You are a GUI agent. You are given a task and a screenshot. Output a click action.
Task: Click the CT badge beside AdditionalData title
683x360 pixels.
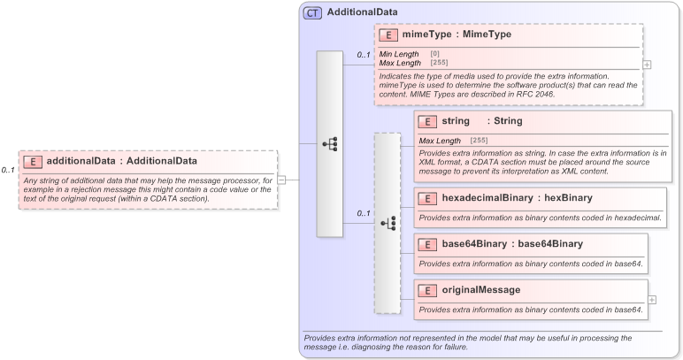coord(312,12)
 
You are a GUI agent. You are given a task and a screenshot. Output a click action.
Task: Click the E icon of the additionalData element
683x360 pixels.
coord(33,161)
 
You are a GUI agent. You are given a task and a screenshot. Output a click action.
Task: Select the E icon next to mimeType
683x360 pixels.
coord(388,35)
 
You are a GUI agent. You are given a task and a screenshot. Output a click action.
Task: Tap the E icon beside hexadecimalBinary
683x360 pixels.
coord(427,198)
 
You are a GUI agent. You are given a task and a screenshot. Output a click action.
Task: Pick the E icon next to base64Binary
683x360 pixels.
coord(427,244)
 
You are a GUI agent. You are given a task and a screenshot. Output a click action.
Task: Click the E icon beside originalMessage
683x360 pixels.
coord(427,290)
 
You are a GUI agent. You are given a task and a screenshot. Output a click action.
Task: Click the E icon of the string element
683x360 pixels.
coord(427,121)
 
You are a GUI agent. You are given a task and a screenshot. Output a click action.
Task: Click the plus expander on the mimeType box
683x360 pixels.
coord(648,65)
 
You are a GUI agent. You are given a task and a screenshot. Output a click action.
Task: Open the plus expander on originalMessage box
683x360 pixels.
coord(652,300)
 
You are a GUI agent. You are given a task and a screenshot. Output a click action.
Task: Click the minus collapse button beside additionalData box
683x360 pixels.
coord(281,179)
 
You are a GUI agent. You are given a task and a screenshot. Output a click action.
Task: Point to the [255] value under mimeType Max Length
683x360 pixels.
coord(438,63)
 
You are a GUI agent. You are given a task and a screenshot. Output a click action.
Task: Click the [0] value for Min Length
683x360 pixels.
coord(434,54)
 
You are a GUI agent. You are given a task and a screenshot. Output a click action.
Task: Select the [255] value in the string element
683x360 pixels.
coord(479,141)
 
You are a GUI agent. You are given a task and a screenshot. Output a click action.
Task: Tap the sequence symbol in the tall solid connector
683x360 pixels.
coord(329,143)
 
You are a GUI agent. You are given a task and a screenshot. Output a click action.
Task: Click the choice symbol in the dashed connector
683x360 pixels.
coord(388,223)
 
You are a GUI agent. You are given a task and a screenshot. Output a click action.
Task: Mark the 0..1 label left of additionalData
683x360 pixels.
coord(8,170)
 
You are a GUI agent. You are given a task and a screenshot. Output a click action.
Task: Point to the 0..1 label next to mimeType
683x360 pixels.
coord(363,55)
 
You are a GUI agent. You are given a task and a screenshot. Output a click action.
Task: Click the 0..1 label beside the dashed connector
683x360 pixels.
coord(363,213)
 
